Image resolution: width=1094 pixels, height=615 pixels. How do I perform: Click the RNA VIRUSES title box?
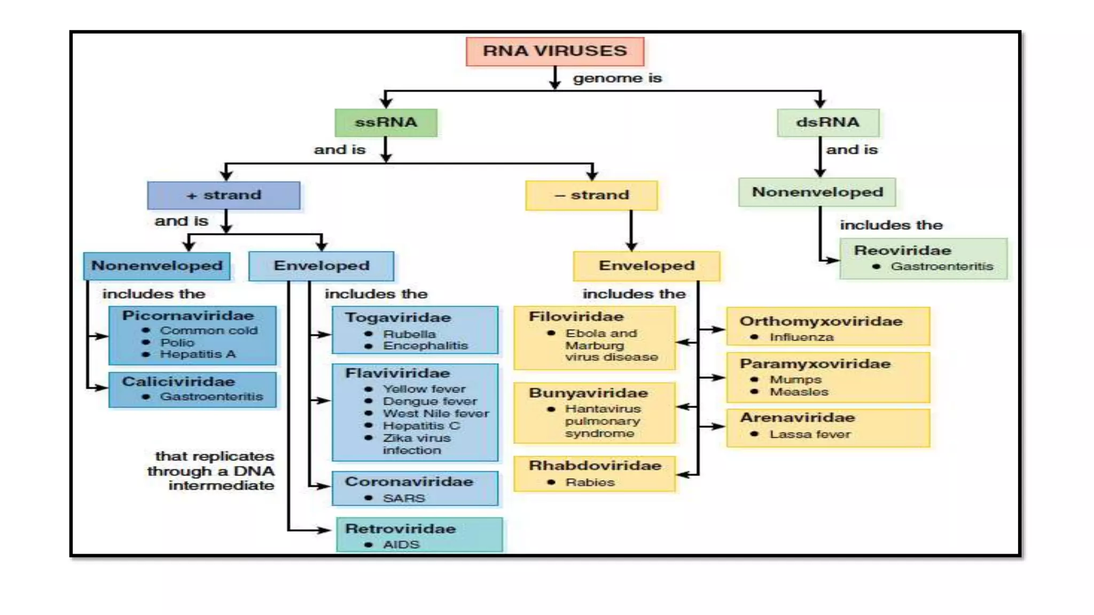(x=554, y=51)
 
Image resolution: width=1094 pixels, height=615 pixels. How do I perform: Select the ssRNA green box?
(x=386, y=122)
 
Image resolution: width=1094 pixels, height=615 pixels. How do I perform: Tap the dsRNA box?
(x=827, y=122)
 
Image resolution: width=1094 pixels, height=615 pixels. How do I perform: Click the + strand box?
(x=224, y=195)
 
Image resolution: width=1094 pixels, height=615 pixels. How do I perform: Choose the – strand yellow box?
(x=591, y=195)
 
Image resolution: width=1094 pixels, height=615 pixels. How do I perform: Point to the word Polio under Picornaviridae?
(x=177, y=342)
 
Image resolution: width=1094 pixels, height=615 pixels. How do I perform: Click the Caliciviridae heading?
(x=178, y=382)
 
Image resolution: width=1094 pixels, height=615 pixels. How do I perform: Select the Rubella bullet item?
(x=409, y=334)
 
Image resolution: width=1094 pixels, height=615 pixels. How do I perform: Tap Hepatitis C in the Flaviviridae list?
(x=421, y=425)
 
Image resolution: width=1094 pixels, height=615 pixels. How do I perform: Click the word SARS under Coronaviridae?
(x=404, y=498)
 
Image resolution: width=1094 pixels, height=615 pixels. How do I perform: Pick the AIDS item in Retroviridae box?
(x=401, y=545)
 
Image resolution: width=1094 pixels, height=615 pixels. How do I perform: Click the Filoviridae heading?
(x=576, y=317)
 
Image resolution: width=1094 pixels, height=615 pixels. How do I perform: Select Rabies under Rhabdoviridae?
(x=590, y=482)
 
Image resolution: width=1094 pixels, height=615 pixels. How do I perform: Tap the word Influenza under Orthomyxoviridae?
(x=801, y=337)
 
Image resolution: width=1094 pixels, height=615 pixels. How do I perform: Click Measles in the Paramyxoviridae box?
(x=799, y=392)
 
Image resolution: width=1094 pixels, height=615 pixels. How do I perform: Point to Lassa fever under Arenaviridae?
(x=810, y=434)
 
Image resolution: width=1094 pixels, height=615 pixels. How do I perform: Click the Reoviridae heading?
(x=902, y=250)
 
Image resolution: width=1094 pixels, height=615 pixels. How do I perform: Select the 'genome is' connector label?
(x=617, y=78)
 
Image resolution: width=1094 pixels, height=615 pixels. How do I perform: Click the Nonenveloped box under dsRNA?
(x=817, y=192)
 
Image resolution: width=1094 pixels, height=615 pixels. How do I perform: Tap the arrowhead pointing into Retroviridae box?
(x=325, y=530)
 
